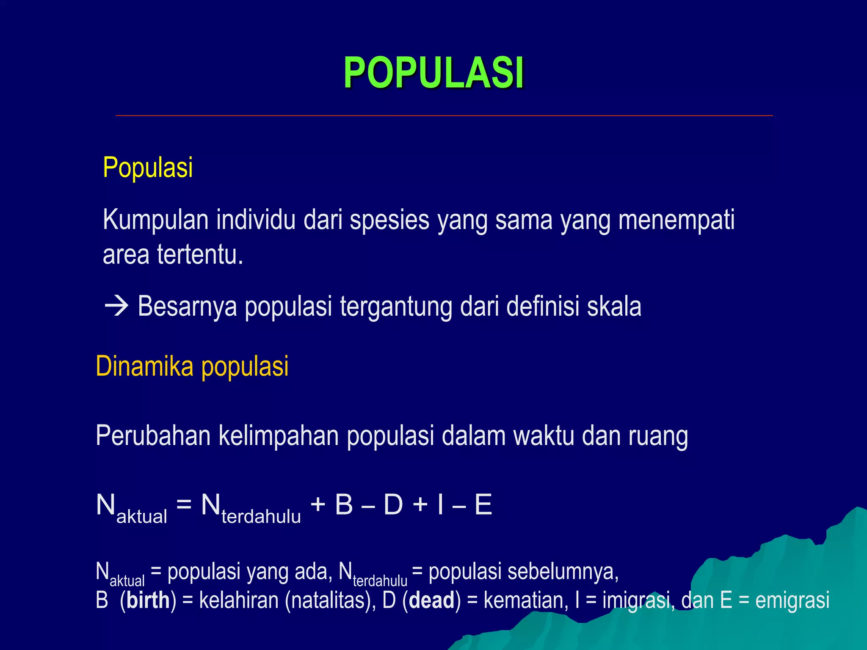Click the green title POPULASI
433,73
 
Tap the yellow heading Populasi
148,168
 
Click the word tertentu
200,255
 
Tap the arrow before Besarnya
116,306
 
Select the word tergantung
396,306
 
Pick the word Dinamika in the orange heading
144,366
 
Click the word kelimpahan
278,436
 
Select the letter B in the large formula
344,505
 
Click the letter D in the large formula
393,505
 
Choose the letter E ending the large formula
483,505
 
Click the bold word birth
148,600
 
